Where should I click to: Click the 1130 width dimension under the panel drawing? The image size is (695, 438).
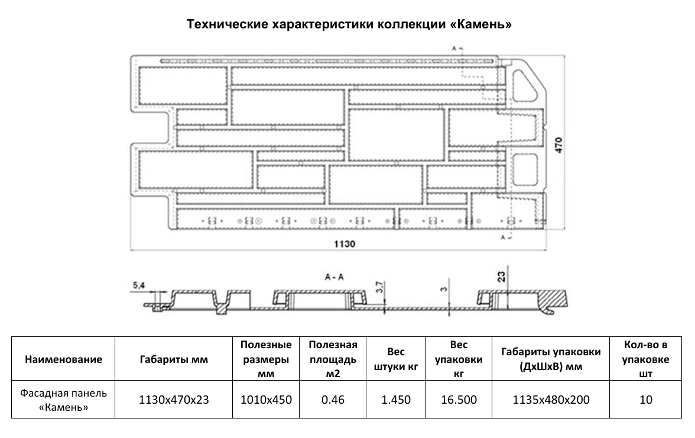point(345,244)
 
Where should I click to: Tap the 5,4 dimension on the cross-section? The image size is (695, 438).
point(139,286)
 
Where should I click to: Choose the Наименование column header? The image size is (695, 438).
point(63,359)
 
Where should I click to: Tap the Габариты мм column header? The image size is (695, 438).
point(174,359)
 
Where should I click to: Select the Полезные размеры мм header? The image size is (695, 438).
point(267,359)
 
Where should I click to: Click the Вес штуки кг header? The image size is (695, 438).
point(396,359)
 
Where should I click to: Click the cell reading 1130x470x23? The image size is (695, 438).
point(174,400)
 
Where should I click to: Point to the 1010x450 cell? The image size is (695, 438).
point(267,400)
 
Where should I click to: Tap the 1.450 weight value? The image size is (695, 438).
point(396,400)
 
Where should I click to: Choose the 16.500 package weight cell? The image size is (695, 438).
point(459,400)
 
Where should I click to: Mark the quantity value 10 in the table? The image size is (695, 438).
point(645,400)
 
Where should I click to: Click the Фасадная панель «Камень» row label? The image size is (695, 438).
point(63,400)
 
